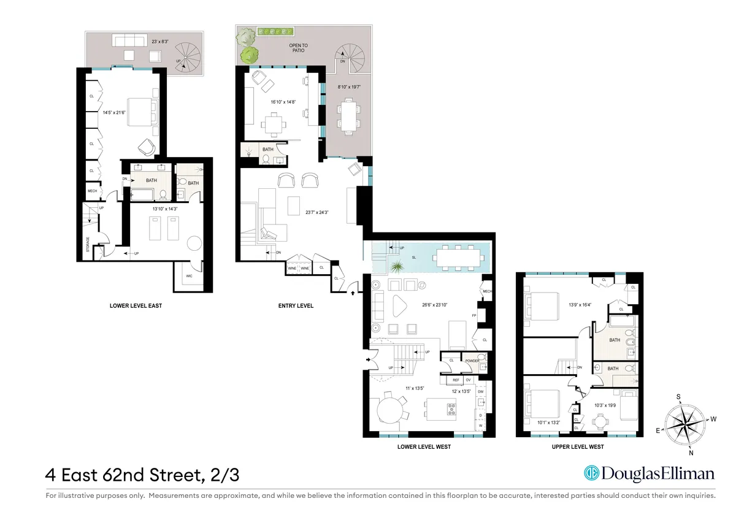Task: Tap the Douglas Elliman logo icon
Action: click(x=591, y=473)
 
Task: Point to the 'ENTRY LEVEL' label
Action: click(x=296, y=305)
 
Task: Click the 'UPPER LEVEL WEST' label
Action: click(x=578, y=447)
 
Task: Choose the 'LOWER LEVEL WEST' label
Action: click(x=424, y=447)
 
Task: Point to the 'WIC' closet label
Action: click(x=189, y=277)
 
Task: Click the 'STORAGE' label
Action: click(x=88, y=244)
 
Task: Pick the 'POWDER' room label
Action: click(x=472, y=361)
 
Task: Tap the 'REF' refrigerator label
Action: click(x=456, y=380)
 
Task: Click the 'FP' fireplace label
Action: click(x=473, y=316)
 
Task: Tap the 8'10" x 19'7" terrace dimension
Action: click(x=348, y=87)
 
